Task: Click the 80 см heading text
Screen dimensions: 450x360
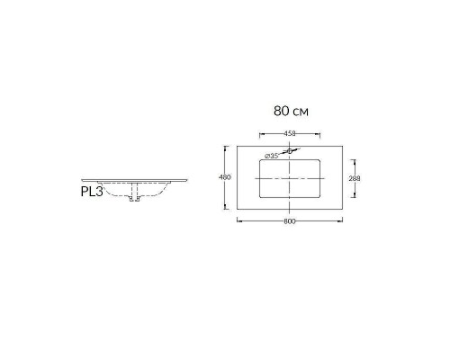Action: click(291, 112)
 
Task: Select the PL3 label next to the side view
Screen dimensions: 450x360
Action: click(92, 192)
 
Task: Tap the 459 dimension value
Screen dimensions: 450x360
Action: click(290, 133)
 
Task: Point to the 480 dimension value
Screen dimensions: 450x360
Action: click(225, 177)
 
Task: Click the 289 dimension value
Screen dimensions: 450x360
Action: click(355, 178)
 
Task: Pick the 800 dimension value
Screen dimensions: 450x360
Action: click(290, 221)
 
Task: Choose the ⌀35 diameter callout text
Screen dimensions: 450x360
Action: click(272, 156)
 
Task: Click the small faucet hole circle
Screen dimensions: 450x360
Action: click(290, 151)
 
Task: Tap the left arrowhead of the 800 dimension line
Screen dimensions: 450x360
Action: click(238, 220)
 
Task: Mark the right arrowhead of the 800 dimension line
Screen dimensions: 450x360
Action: click(341, 220)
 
